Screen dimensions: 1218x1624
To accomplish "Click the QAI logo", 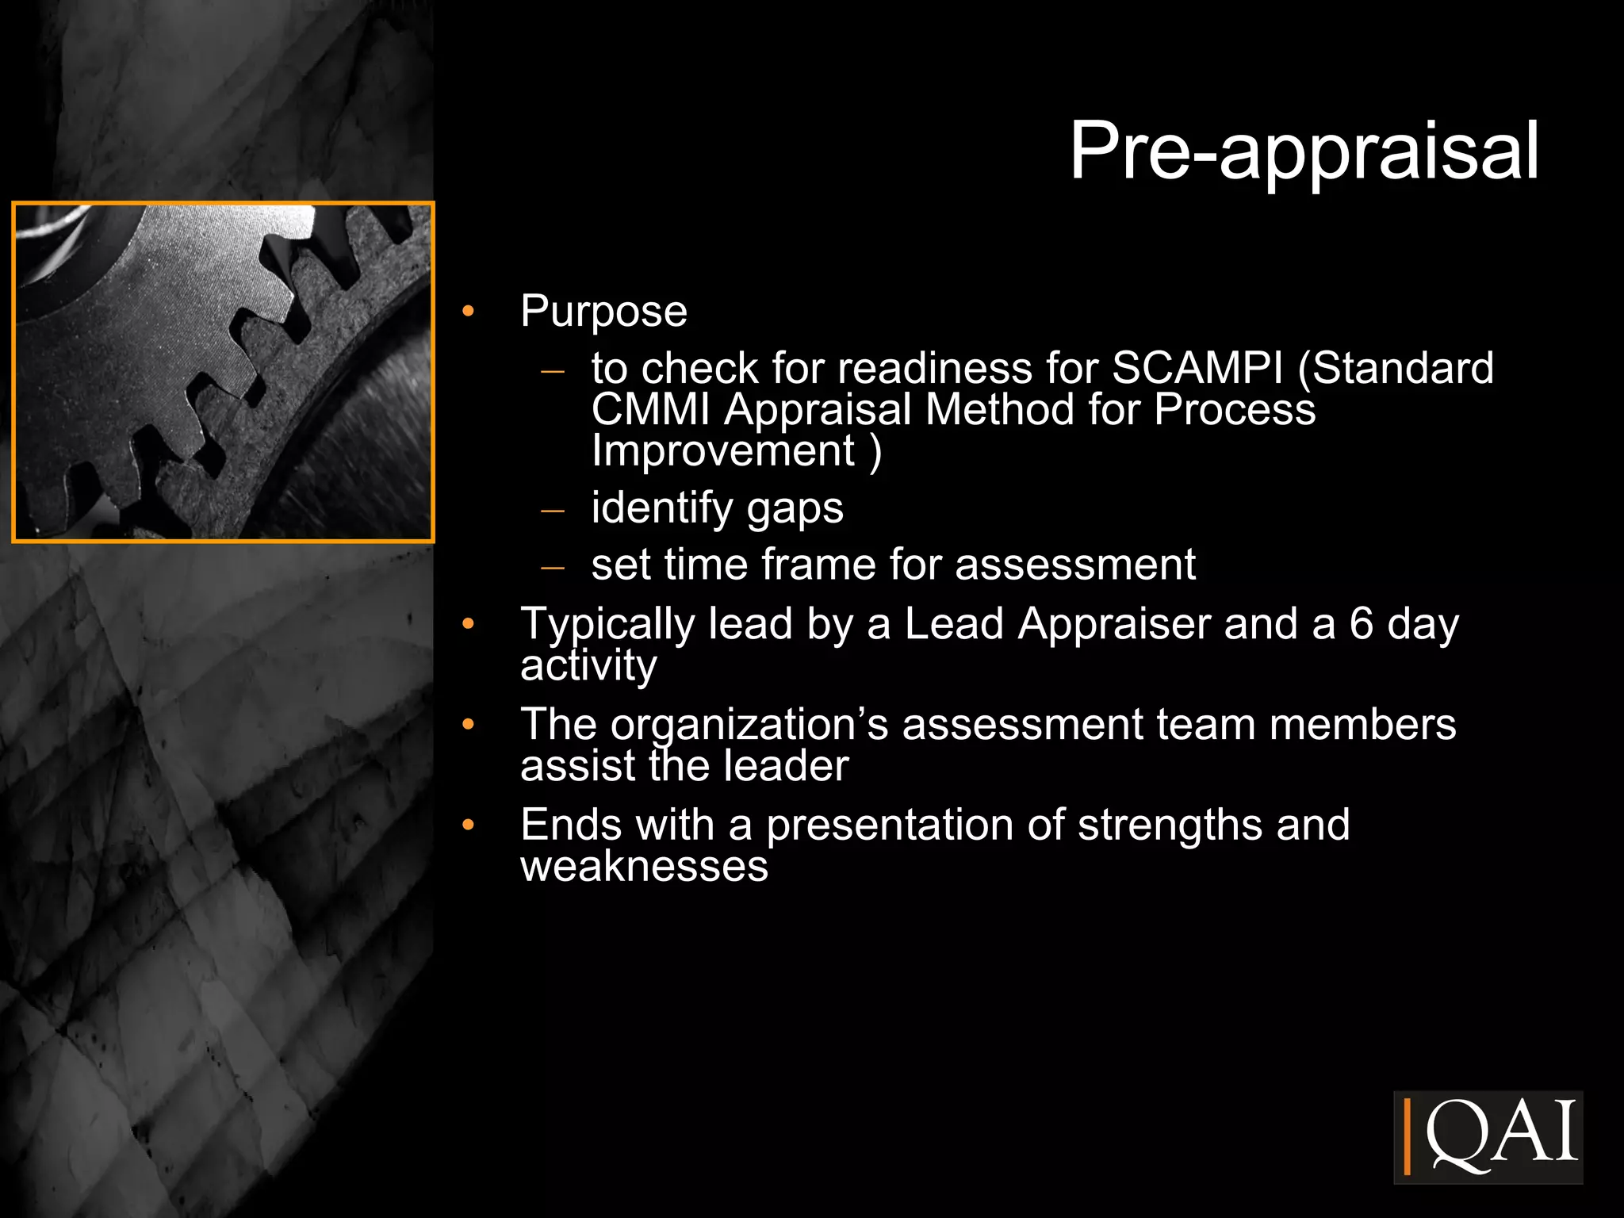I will [1488, 1136].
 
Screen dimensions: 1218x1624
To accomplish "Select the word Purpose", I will [603, 312].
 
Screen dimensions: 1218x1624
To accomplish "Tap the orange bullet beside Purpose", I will [468, 311].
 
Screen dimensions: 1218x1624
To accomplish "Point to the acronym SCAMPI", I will [1197, 368].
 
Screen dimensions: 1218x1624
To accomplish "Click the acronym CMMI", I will [650, 410].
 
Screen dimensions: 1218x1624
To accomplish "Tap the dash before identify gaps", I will [552, 510].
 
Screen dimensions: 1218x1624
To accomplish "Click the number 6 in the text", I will [1361, 623].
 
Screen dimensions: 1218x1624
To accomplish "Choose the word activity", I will [588, 665].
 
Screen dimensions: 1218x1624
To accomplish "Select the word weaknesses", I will [644, 866].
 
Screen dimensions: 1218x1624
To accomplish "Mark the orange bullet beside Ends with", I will [468, 825].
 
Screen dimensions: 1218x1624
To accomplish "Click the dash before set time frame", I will [552, 567].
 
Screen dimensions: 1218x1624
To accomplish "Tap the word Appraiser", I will [1114, 623].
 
